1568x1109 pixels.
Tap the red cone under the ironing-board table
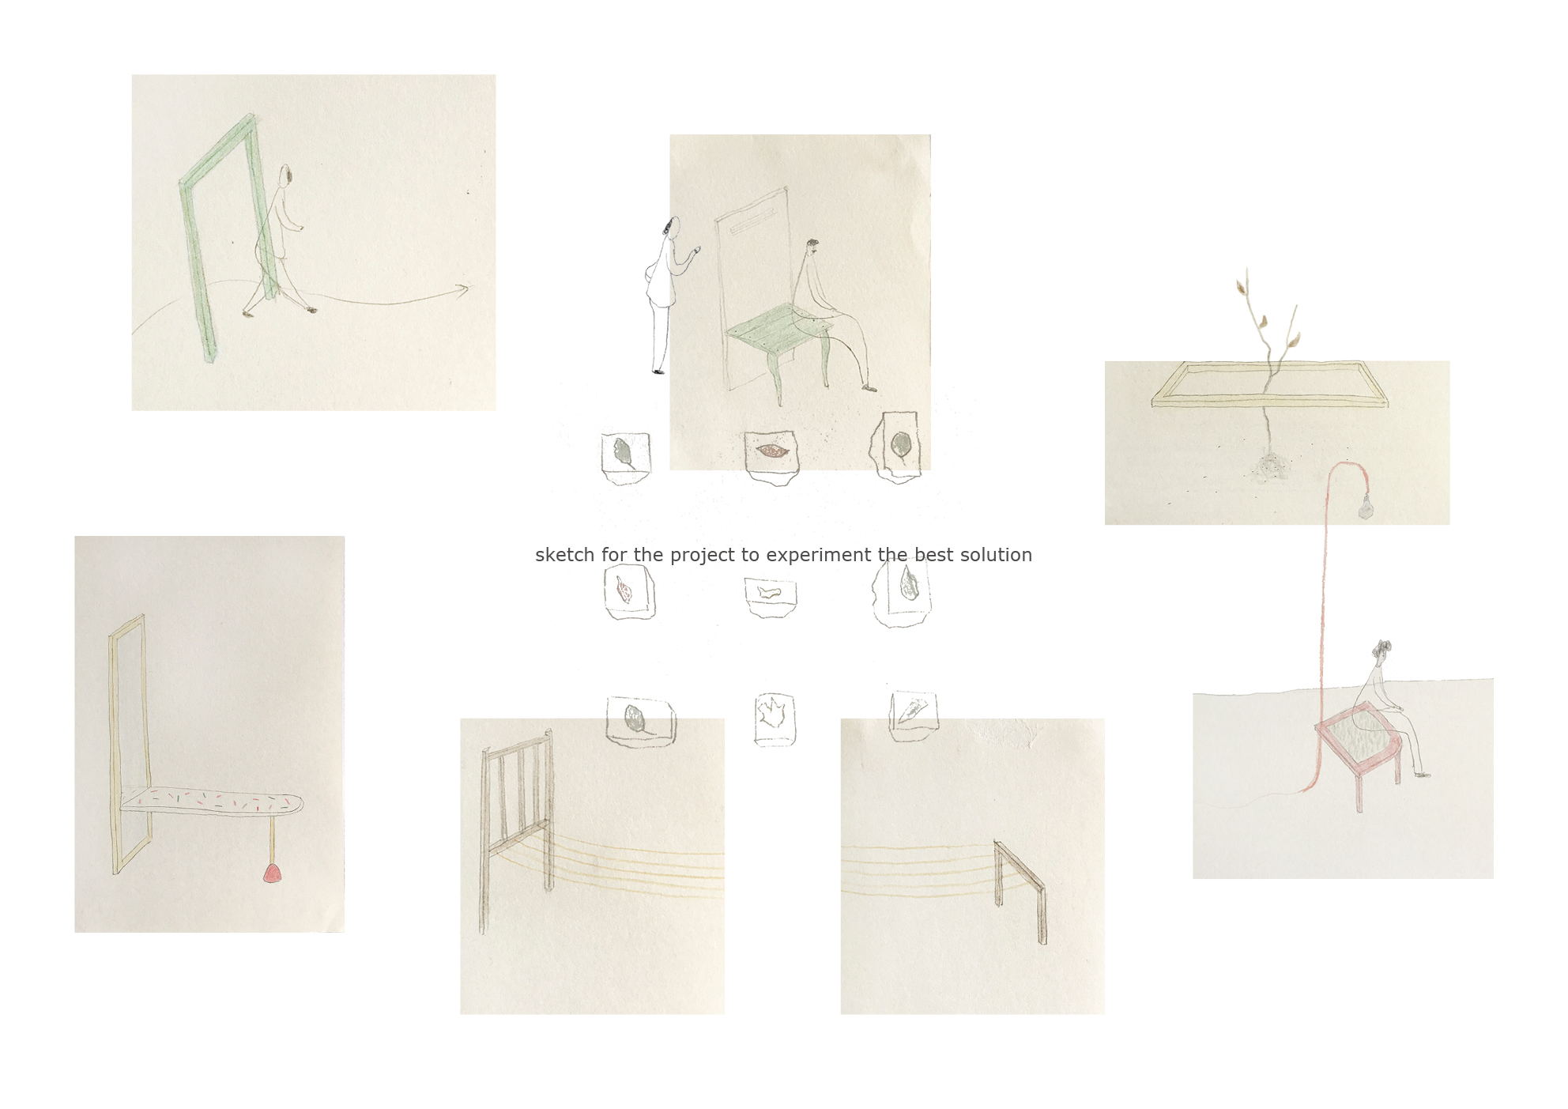click(271, 873)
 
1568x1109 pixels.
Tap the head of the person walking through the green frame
click(288, 174)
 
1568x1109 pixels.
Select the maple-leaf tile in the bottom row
click(775, 719)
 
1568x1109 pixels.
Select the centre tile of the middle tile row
click(771, 597)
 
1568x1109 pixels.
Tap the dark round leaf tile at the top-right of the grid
click(899, 447)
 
